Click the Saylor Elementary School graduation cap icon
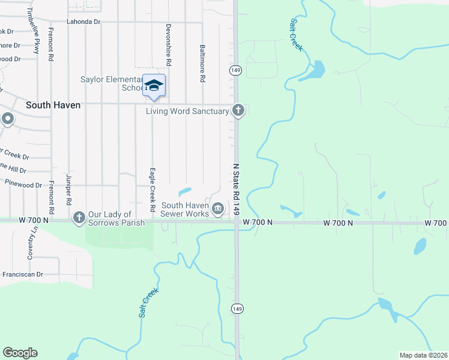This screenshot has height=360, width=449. click(154, 85)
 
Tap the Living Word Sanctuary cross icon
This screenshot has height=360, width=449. click(238, 110)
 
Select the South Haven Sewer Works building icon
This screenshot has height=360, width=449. click(218, 208)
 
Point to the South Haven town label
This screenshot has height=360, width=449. click(53, 104)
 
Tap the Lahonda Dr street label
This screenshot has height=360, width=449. click(83, 22)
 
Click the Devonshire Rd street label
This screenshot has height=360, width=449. click(169, 45)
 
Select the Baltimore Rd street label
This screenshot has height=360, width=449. click(203, 63)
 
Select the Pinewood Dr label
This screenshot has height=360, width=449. click(22, 185)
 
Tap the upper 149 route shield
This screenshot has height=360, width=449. click(235, 70)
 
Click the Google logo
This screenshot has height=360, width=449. click(20, 353)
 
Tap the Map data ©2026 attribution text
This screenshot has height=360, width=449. click(423, 355)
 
